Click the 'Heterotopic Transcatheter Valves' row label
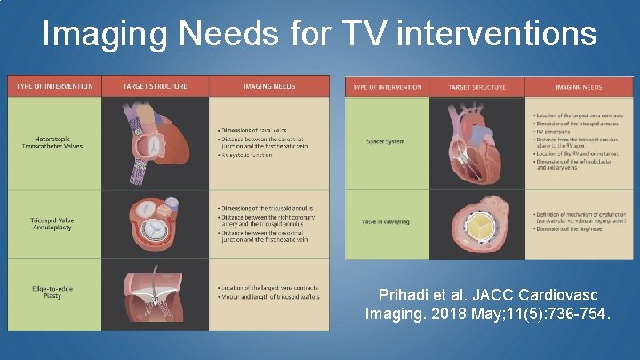point(53,144)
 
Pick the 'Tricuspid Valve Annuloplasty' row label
point(53,222)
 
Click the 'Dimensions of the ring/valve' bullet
point(575,228)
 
